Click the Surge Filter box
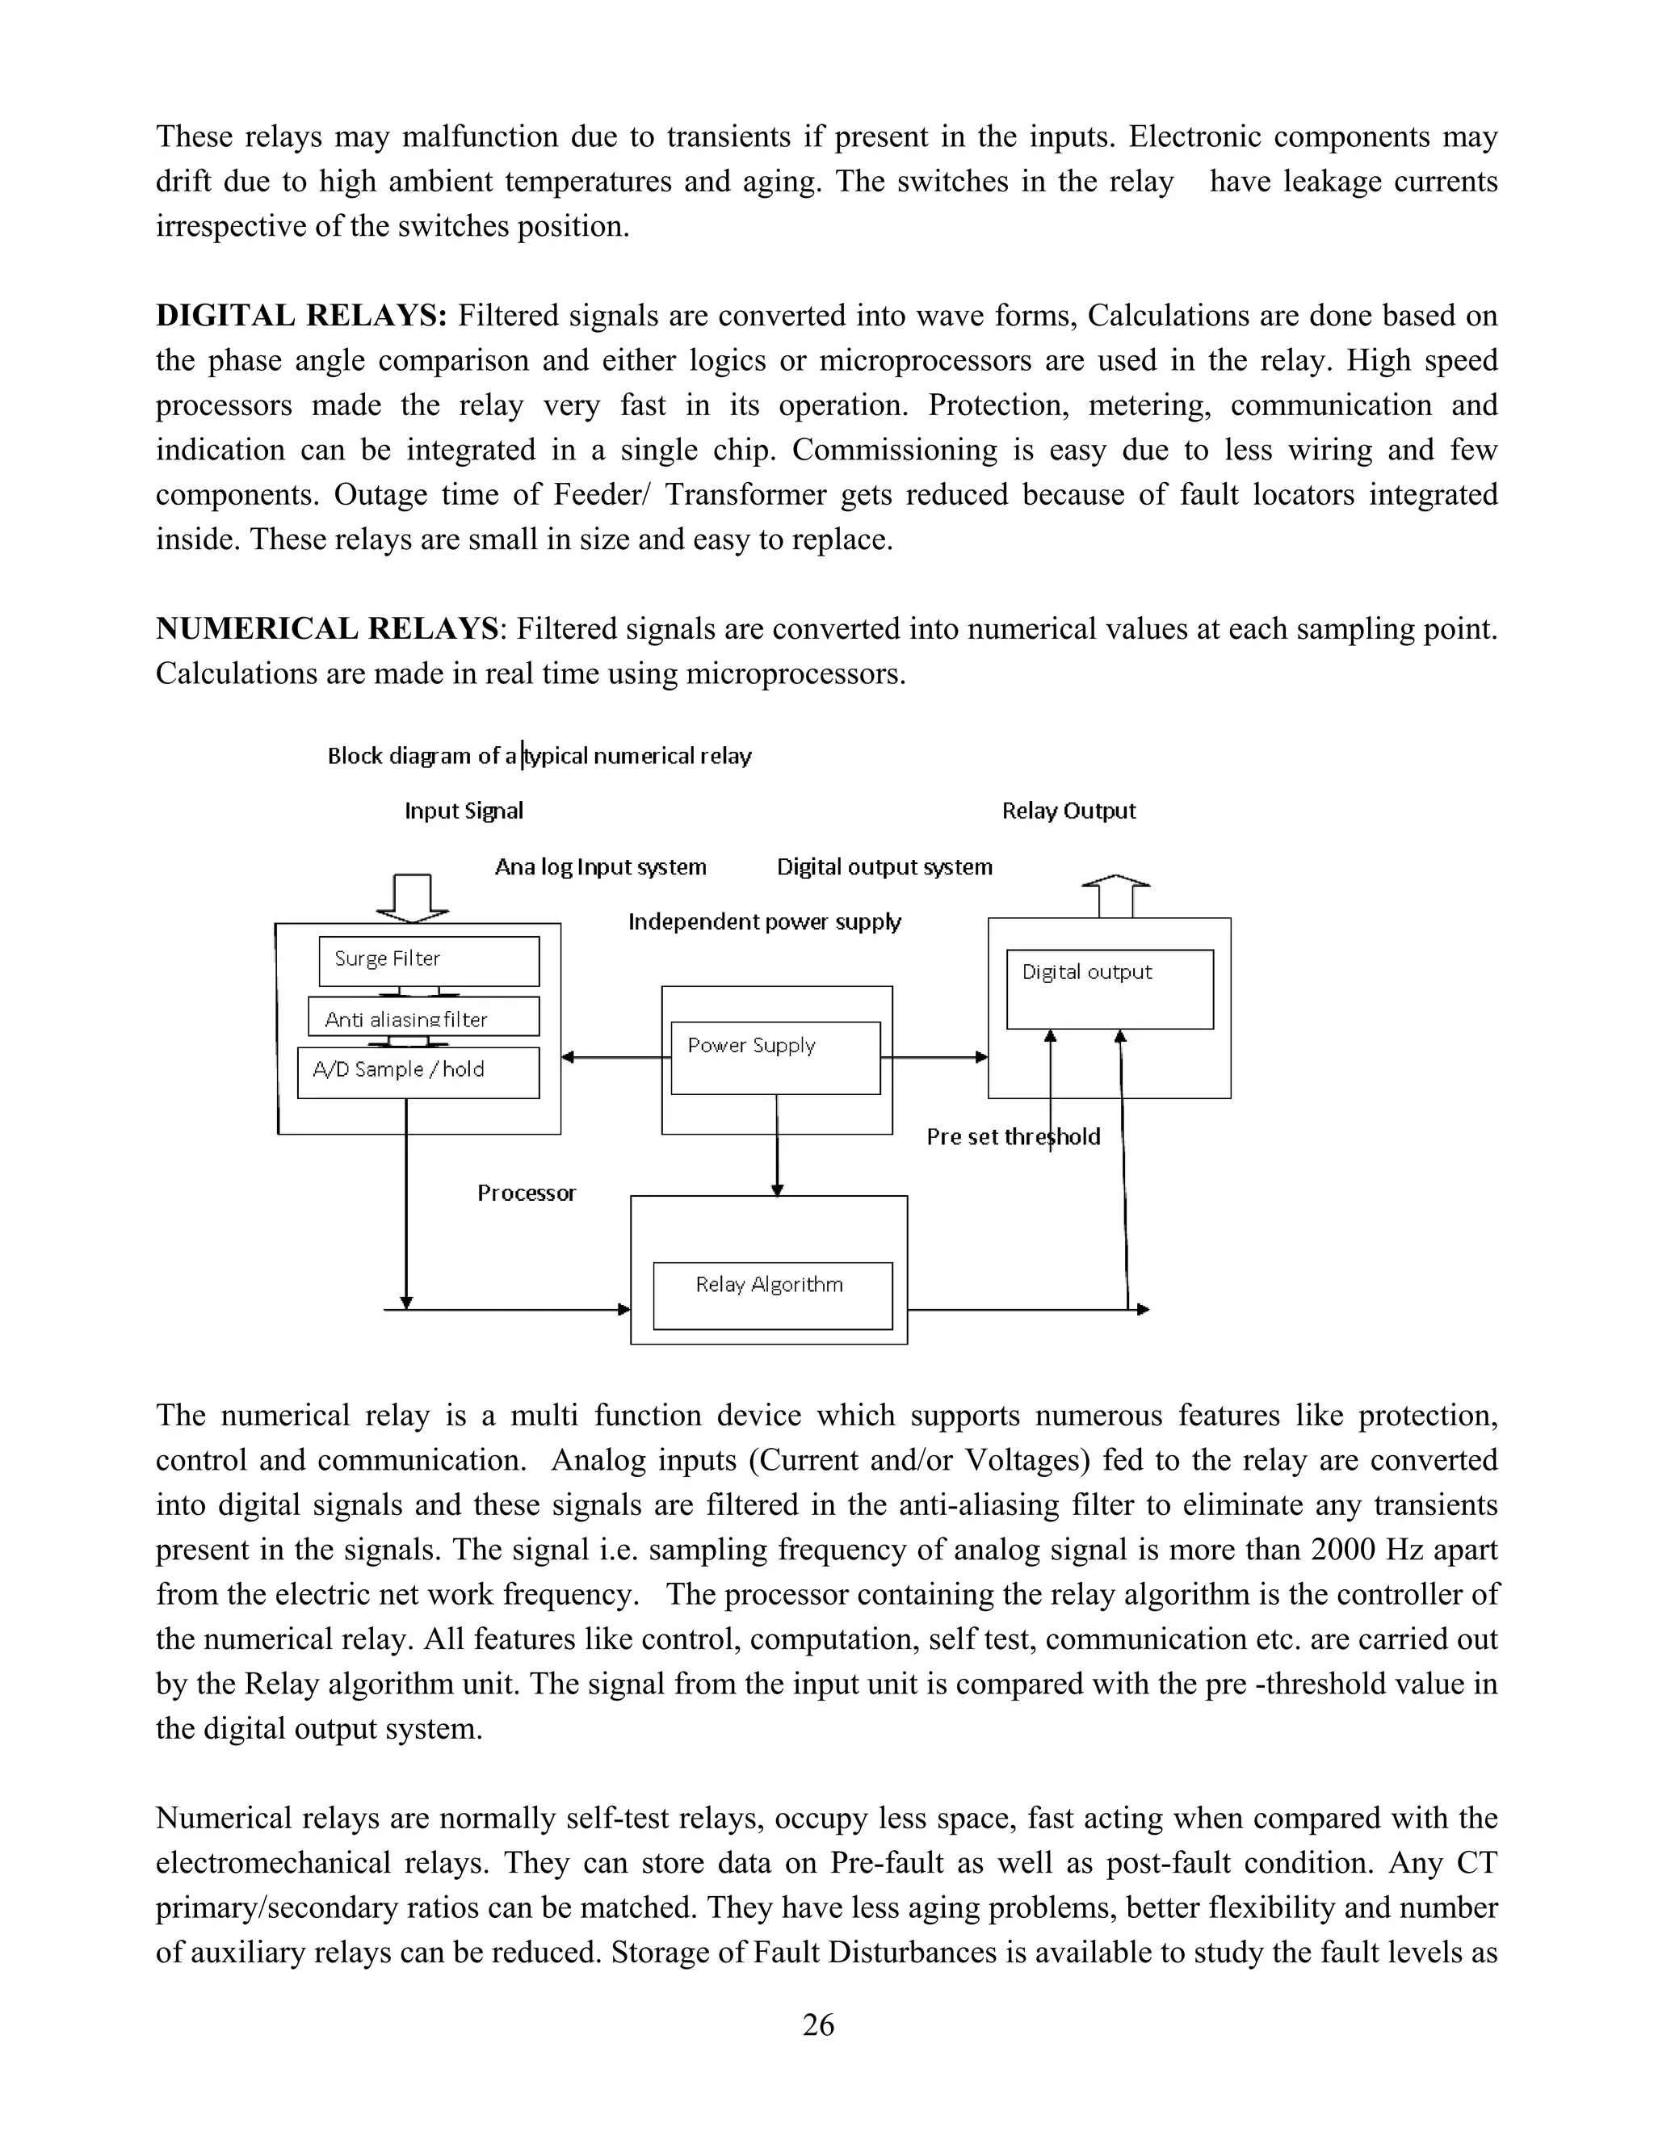pos(428,960)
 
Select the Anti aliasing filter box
pos(423,1017)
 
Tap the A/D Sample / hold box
pos(418,1072)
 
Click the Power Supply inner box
pos(775,1058)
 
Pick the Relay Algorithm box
pos(772,1295)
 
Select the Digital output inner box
pos(1109,988)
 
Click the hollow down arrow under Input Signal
pos(413,897)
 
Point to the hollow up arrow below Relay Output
pos(1115,895)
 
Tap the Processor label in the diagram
pos(527,1193)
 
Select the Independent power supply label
pos(764,921)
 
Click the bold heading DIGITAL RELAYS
pos(300,316)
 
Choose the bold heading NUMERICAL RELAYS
pos(327,628)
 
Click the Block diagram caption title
pos(539,756)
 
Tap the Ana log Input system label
pos(600,866)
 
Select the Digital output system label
pos(884,866)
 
